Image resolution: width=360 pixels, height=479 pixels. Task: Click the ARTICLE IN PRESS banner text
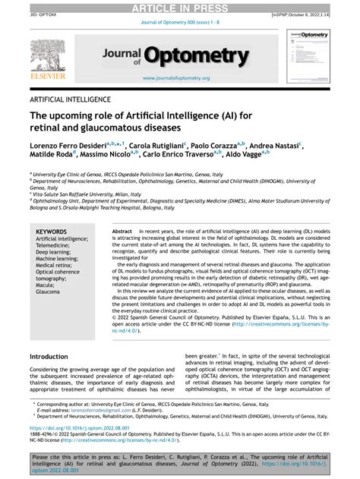point(180,8)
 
